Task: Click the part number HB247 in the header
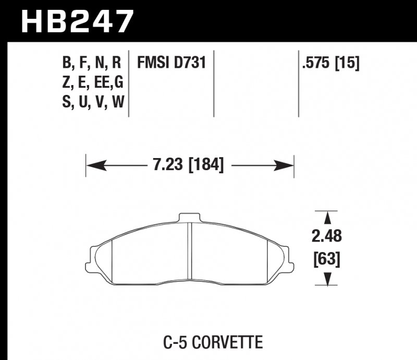coord(77,21)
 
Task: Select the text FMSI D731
coord(171,64)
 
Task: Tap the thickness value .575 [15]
coord(330,64)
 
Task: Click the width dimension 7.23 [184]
coord(189,166)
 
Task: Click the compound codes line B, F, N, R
coord(92,64)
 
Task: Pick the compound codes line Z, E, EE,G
coord(92,83)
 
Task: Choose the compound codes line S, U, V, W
coord(92,102)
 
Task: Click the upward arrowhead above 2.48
coord(327,218)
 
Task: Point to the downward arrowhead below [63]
coord(327,281)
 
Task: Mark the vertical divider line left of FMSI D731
coord(129,83)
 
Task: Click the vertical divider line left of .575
coord(298,83)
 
